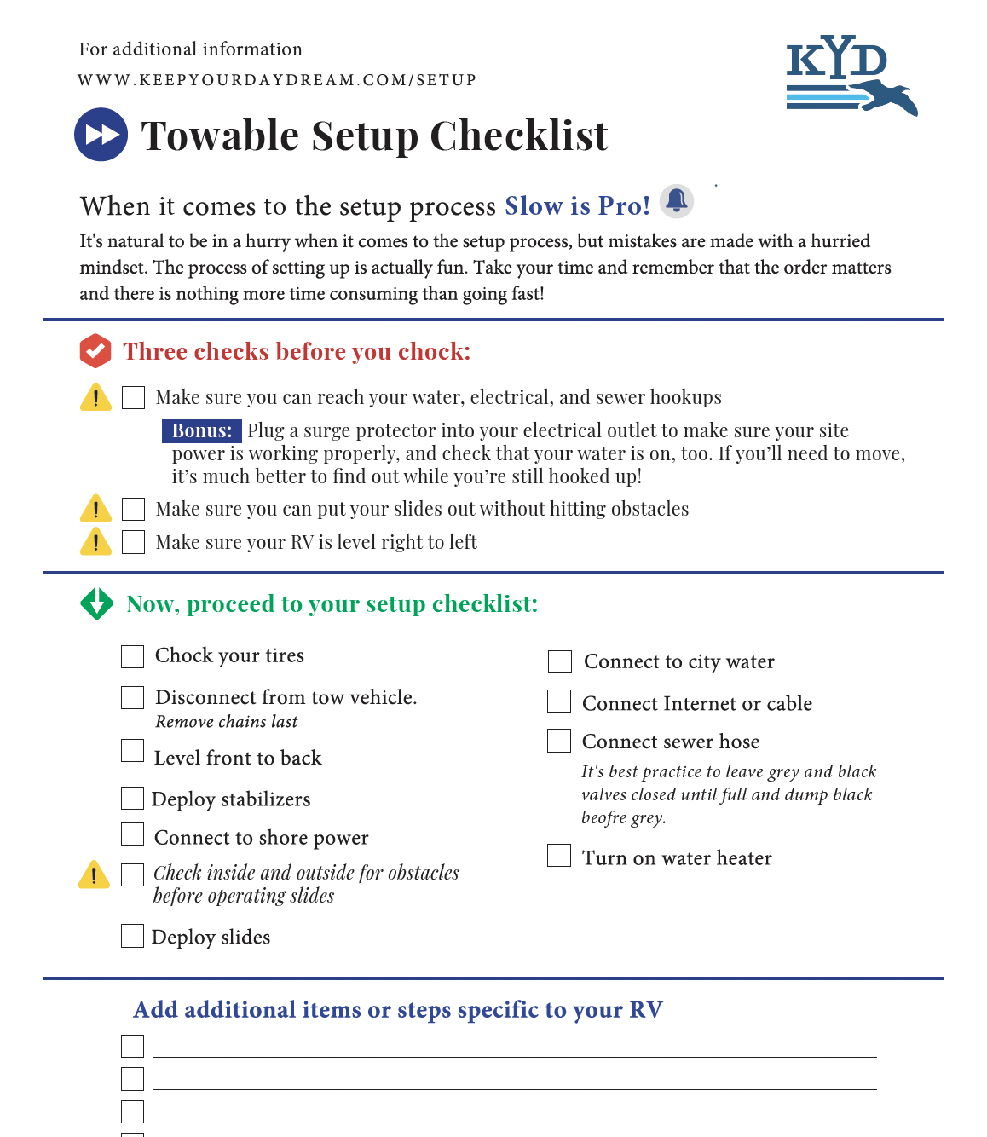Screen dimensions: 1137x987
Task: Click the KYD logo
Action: tap(850, 75)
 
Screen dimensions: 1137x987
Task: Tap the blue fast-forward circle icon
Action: tap(101, 135)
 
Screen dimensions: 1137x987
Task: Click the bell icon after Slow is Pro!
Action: tap(677, 201)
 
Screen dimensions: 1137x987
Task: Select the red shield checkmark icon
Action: tap(95, 351)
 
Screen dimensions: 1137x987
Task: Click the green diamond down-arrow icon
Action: tap(96, 603)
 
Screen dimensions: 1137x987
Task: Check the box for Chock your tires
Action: tap(132, 656)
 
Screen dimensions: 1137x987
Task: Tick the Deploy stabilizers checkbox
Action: tap(132, 798)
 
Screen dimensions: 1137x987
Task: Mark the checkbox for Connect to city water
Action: tap(560, 661)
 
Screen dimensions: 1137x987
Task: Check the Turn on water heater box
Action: tap(559, 855)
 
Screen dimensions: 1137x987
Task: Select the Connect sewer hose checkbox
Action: tap(559, 741)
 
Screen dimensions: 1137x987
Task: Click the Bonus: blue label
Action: tap(202, 431)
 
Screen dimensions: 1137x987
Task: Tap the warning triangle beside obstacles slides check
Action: tap(94, 874)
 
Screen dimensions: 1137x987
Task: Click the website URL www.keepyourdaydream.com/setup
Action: tap(277, 80)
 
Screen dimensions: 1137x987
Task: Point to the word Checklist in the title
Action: tap(518, 136)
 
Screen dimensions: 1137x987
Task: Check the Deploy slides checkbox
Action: tap(132, 936)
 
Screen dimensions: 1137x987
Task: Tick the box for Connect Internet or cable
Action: tap(559, 701)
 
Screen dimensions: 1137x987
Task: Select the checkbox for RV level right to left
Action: tap(133, 542)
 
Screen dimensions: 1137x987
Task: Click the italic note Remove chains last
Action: tap(226, 722)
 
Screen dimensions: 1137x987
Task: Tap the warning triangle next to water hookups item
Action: tap(95, 397)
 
